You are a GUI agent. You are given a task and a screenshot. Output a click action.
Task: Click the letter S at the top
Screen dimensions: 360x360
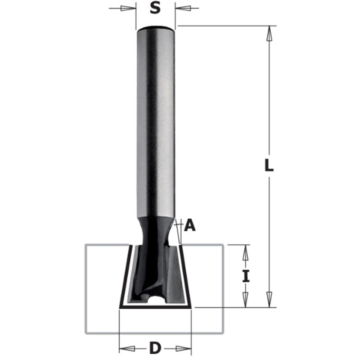click(x=155, y=9)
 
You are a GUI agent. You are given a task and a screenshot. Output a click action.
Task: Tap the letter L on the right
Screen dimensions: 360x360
click(x=269, y=166)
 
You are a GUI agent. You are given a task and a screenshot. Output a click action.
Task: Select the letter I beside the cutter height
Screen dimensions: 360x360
click(x=246, y=276)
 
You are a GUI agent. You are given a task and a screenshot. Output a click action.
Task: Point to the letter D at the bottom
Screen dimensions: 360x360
click(x=155, y=348)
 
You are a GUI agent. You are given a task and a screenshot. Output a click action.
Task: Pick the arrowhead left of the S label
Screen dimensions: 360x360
click(x=128, y=9)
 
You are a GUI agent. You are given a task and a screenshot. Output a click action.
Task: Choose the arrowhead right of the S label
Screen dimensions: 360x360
click(x=183, y=9)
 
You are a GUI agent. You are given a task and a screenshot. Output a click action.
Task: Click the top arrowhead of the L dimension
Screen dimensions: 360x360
click(x=269, y=33)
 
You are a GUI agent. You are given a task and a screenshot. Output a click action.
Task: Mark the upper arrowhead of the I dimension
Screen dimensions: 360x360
click(x=246, y=252)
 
